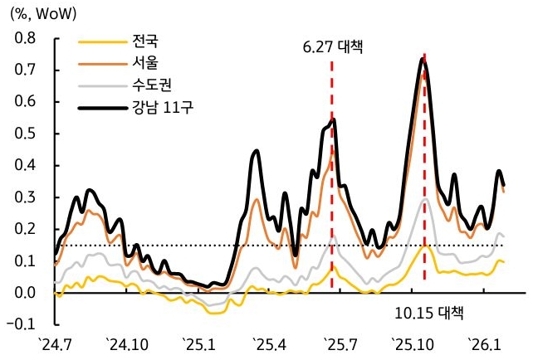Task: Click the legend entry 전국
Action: pos(144,41)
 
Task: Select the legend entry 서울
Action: pos(144,62)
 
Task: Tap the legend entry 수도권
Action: pos(149,84)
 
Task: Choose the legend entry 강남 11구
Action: pos(161,105)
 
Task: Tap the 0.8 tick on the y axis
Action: pos(26,38)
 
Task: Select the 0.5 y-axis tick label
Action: pos(26,134)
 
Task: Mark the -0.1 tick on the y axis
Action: pos(24,324)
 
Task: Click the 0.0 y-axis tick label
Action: pos(26,293)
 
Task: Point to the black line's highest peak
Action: pos(423,59)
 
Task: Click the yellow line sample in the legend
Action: pos(99,41)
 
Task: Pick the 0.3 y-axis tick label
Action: pos(26,197)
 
